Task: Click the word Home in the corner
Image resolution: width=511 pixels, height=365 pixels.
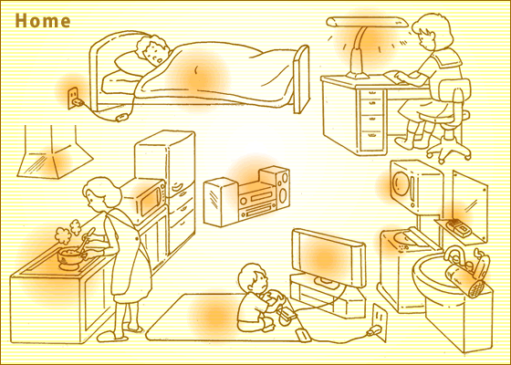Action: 43,21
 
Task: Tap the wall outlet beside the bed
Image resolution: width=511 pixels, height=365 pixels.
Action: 72,97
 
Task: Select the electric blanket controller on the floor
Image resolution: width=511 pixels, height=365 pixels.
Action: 122,117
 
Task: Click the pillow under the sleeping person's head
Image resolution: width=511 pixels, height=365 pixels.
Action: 129,64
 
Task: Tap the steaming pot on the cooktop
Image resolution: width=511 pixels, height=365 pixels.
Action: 70,256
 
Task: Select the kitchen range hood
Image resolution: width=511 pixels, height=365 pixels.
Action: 54,153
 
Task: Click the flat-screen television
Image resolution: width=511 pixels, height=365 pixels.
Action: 328,257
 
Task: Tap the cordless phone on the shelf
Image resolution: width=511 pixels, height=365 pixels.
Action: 458,227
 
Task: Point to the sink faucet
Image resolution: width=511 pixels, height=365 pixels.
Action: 454,254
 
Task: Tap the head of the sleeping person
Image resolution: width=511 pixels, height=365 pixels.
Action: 153,50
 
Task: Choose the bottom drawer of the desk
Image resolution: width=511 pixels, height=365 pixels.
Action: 372,140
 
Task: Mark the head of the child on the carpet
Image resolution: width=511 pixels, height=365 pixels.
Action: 254,278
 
